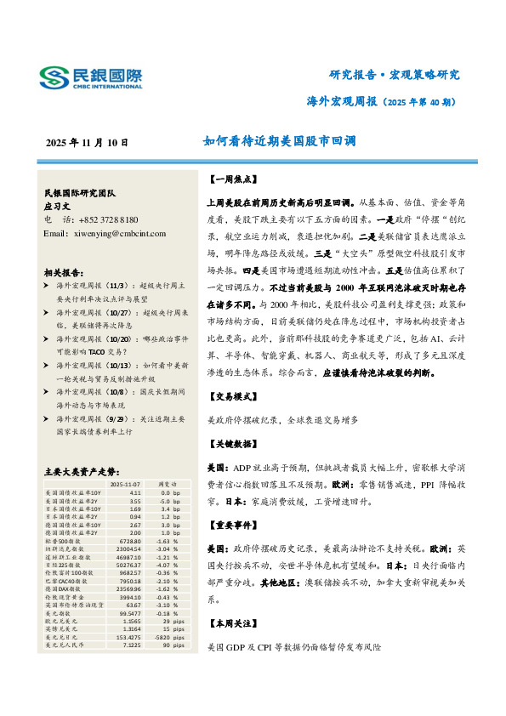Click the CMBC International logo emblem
coord(57,78)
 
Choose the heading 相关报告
coord(63,273)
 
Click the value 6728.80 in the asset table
coord(128,540)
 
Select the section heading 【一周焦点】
coord(230,180)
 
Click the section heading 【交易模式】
coord(230,398)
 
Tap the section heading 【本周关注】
coord(230,624)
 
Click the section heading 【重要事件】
coord(230,524)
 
